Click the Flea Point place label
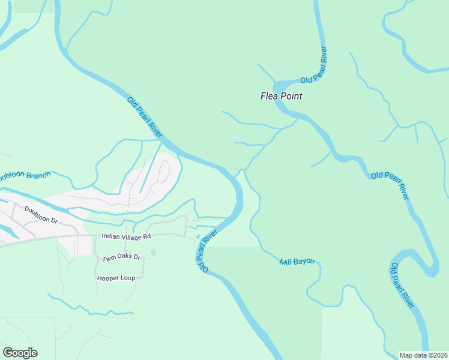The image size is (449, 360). [x=281, y=96]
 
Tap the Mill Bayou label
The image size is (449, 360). [x=297, y=262]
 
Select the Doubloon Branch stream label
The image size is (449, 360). [x=24, y=176]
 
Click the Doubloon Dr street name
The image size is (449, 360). [x=41, y=215]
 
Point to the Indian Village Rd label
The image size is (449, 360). [x=126, y=237]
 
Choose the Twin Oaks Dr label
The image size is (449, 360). [x=121, y=257]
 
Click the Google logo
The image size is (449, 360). [x=20, y=353]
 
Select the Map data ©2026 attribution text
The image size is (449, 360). [x=423, y=355]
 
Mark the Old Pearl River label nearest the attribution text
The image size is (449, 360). [x=403, y=285]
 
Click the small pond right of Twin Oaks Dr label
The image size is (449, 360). [x=154, y=253]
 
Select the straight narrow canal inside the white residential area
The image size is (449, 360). [x=149, y=171]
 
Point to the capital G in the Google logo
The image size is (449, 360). [x=8, y=353]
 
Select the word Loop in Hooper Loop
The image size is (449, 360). [x=131, y=278]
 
